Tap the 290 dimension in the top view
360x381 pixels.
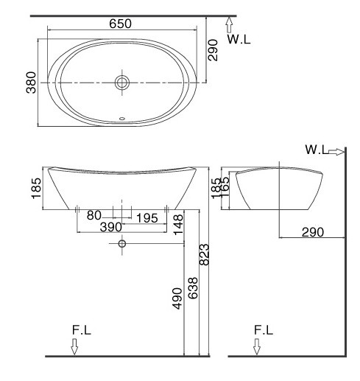(213, 49)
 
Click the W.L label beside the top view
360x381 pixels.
(239, 40)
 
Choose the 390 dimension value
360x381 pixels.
(110, 227)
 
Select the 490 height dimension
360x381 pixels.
(177, 297)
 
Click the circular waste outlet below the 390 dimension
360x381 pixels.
(122, 243)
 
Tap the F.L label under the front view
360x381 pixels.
(82, 331)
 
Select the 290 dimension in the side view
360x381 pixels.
(313, 232)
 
